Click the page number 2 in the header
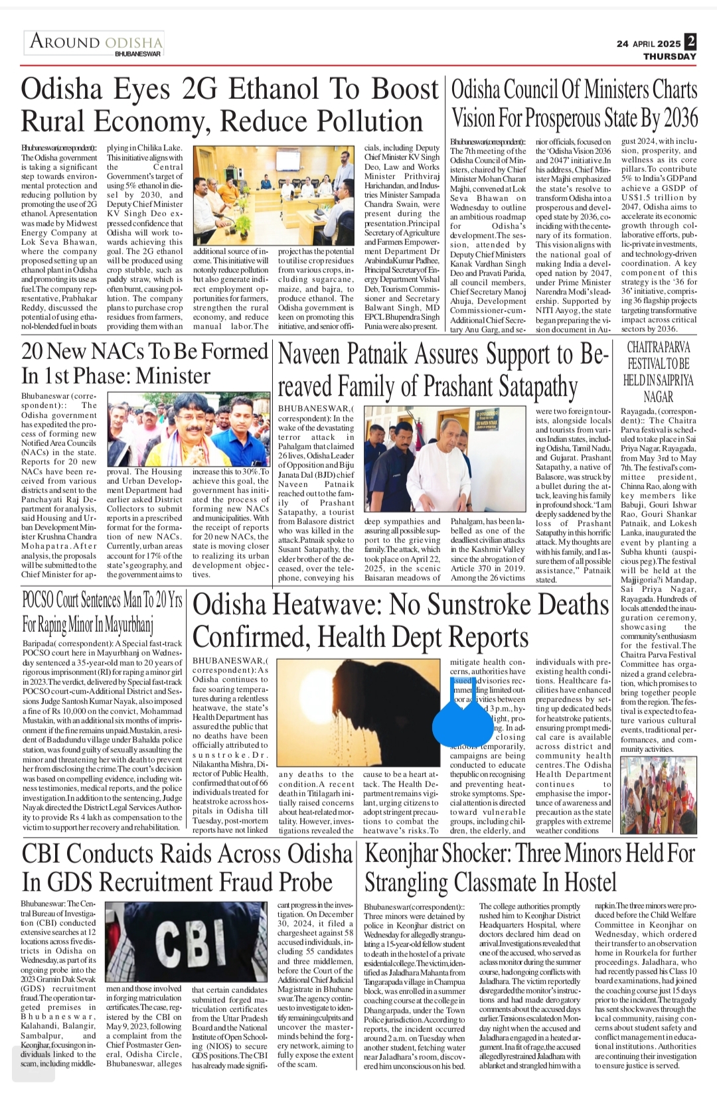pyautogui.click(x=690, y=41)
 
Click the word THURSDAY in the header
pyautogui.click(x=669, y=56)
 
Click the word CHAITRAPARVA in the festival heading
pyautogui.click(x=658, y=348)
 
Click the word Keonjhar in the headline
pyautogui.click(x=406, y=853)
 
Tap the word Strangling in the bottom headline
pyautogui.click(x=406, y=883)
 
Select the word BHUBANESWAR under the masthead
pyautogui.click(x=137, y=53)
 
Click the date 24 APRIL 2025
pyautogui.click(x=648, y=44)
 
